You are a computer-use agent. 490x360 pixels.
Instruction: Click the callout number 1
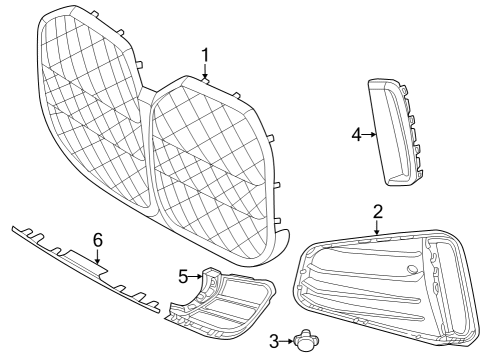205,54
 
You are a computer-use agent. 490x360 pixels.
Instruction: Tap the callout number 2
377,211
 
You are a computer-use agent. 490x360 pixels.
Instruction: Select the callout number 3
273,341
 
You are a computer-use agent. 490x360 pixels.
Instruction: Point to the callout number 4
356,134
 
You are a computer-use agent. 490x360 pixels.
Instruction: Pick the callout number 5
183,275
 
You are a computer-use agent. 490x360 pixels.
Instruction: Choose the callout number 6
97,240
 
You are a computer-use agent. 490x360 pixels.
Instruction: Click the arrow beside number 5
197,275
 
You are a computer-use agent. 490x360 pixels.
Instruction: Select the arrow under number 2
377,227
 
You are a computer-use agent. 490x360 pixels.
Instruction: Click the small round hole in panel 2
412,271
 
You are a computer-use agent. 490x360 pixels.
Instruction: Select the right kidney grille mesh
210,160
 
